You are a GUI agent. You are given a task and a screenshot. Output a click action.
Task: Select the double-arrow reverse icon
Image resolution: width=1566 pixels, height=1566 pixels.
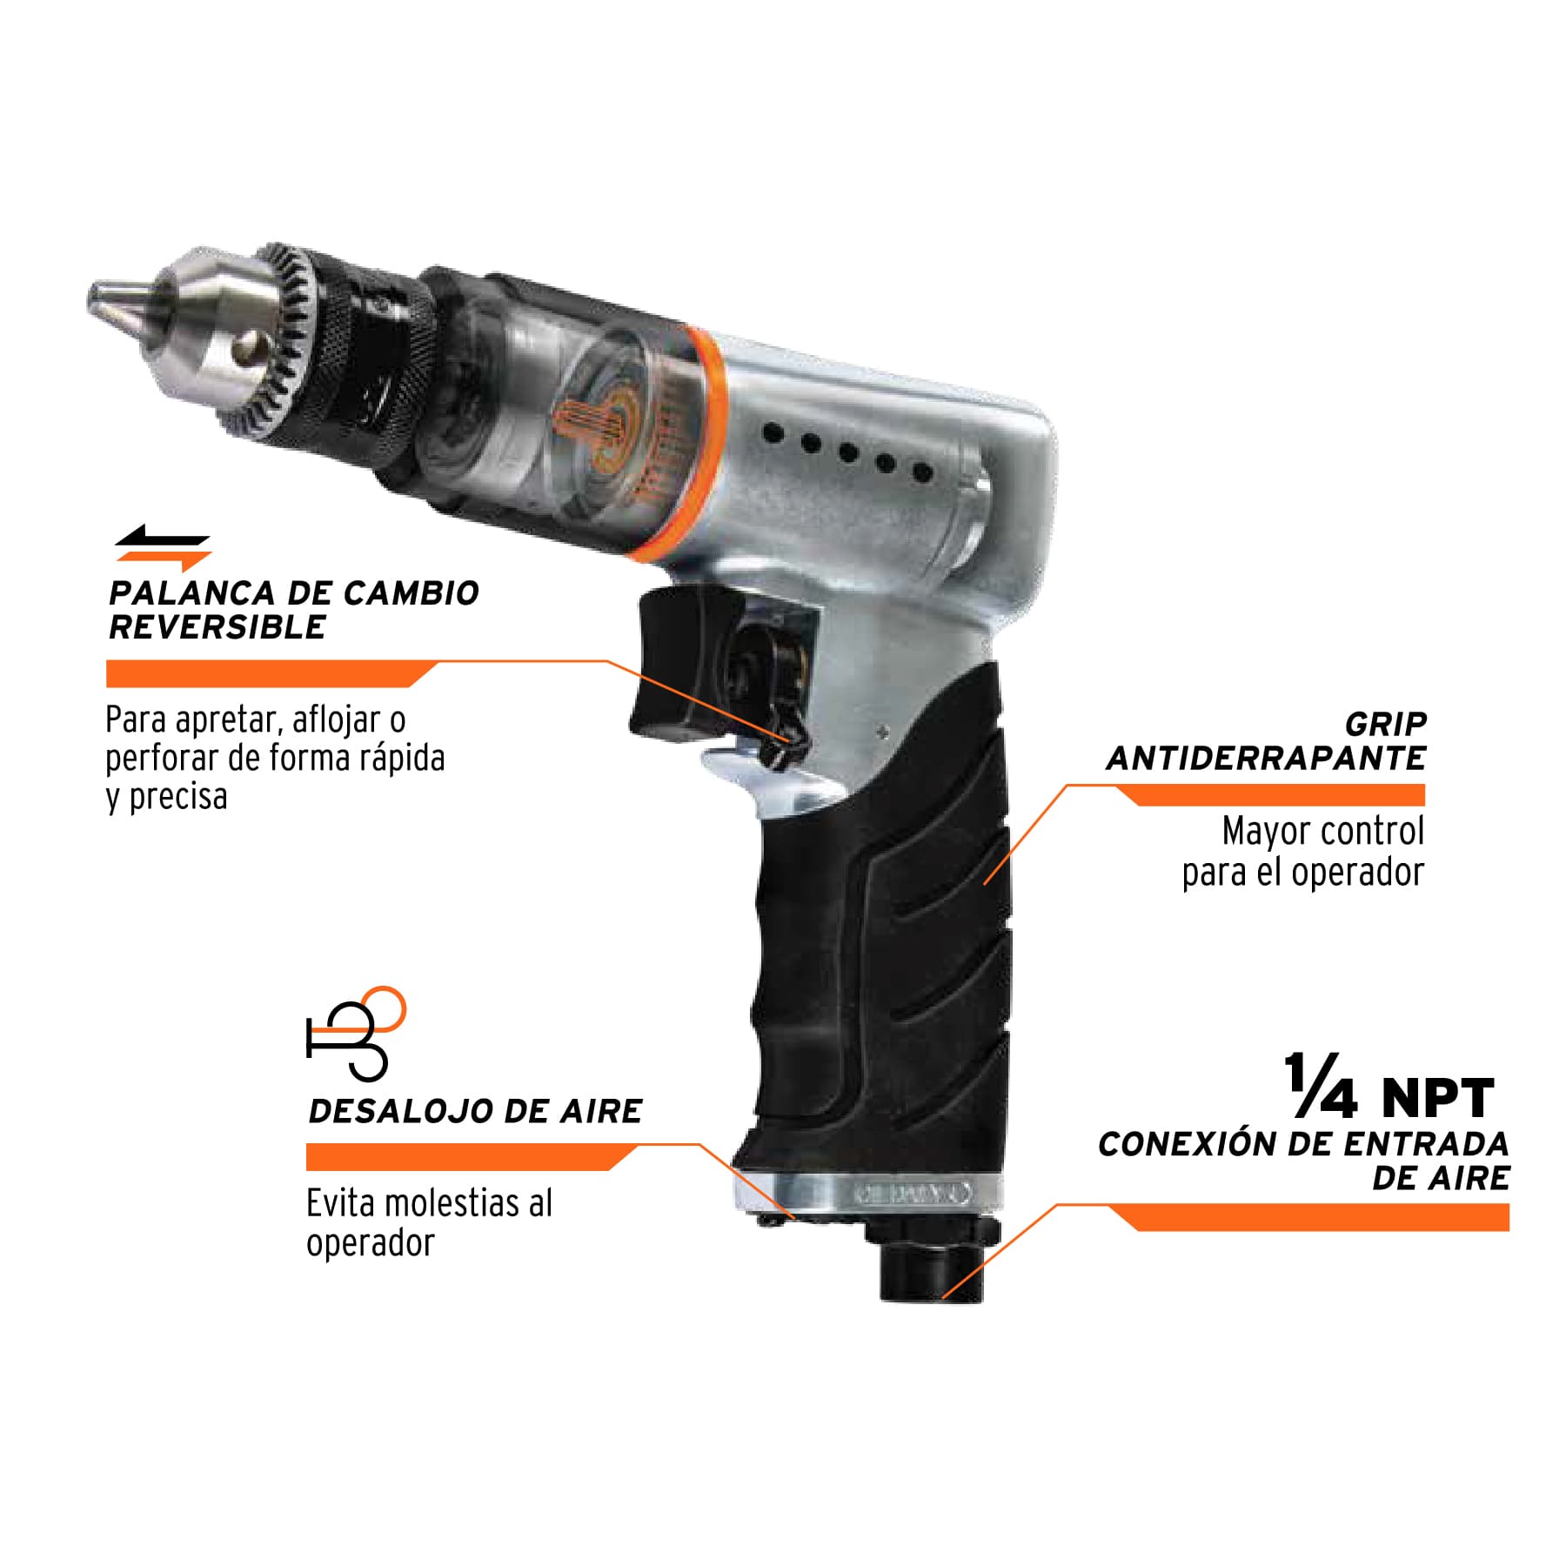coord(164,548)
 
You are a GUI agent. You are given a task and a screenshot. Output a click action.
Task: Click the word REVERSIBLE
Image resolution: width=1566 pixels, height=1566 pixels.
coord(217,627)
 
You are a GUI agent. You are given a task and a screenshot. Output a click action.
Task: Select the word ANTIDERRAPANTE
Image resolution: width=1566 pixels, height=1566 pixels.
coord(1266,759)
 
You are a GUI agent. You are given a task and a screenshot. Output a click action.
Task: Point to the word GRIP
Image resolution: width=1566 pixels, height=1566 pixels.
coord(1386,724)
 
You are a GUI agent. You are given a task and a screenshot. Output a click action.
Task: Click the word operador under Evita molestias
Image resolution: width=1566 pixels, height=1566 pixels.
coord(370,1243)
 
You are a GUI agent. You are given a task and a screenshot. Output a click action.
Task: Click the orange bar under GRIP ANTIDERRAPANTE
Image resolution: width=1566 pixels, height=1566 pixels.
coord(1270,794)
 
